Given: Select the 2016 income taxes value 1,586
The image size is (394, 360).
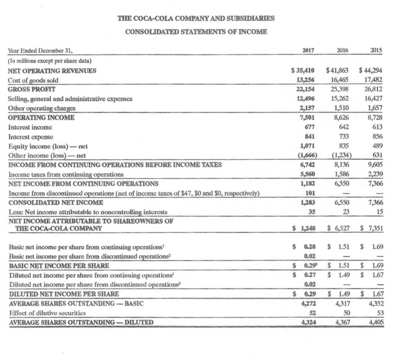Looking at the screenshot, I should (341, 158).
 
